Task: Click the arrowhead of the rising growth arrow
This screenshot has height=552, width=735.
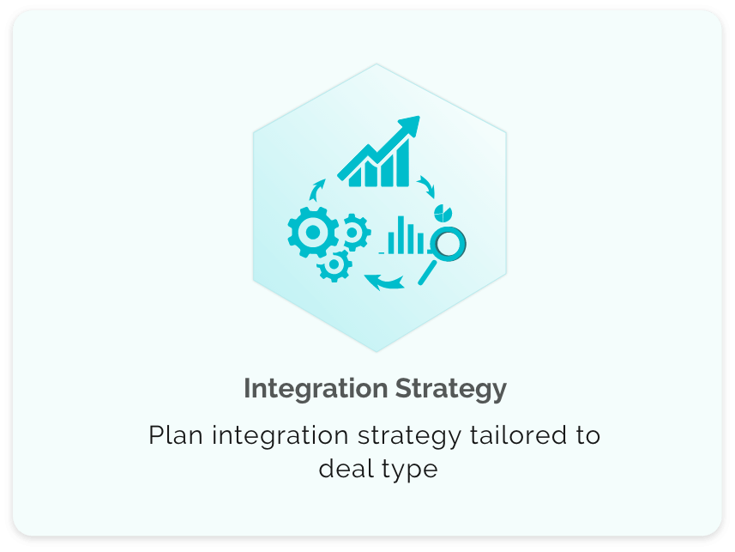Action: tap(410, 125)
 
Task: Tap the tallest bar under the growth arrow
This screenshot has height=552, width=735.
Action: tap(402, 162)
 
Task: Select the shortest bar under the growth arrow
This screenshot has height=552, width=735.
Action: tap(356, 176)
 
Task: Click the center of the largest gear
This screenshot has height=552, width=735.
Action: tap(313, 232)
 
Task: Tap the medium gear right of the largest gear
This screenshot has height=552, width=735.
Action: tap(353, 232)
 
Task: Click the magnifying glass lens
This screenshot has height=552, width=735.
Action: tap(449, 244)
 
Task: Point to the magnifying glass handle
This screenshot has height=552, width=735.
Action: tap(427, 273)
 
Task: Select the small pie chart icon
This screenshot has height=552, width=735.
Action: tap(443, 212)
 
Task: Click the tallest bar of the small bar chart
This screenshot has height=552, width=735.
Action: tap(401, 234)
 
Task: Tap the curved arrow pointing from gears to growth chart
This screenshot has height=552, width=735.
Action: tap(317, 189)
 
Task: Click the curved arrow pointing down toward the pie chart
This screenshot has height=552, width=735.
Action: tap(426, 186)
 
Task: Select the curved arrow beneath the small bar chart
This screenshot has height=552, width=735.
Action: tap(384, 282)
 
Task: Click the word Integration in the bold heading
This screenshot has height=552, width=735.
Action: tap(316, 389)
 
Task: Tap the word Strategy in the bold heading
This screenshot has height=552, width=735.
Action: tap(451, 389)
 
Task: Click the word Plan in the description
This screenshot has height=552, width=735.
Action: tap(176, 434)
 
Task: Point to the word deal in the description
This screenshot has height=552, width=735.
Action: tap(346, 469)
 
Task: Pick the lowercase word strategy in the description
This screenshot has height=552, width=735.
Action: tap(410, 436)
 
